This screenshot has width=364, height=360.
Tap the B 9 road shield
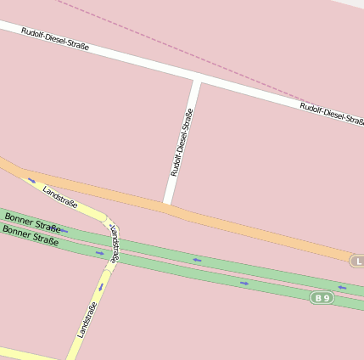pos(321,297)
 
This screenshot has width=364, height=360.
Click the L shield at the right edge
pos(358,261)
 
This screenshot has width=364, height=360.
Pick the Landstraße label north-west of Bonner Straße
pos(60,197)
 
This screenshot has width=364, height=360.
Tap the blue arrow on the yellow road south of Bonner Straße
pos(100,287)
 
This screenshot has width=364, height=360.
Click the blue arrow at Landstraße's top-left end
pos(31,180)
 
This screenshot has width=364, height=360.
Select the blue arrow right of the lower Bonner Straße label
pos(99,252)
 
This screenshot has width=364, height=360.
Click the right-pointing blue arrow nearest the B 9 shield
pos(244,283)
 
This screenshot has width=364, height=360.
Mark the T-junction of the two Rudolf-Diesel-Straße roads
pos(197,82)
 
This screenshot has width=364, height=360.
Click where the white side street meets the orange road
pos(168,204)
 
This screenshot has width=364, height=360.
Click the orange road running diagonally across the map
pos(255,230)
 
